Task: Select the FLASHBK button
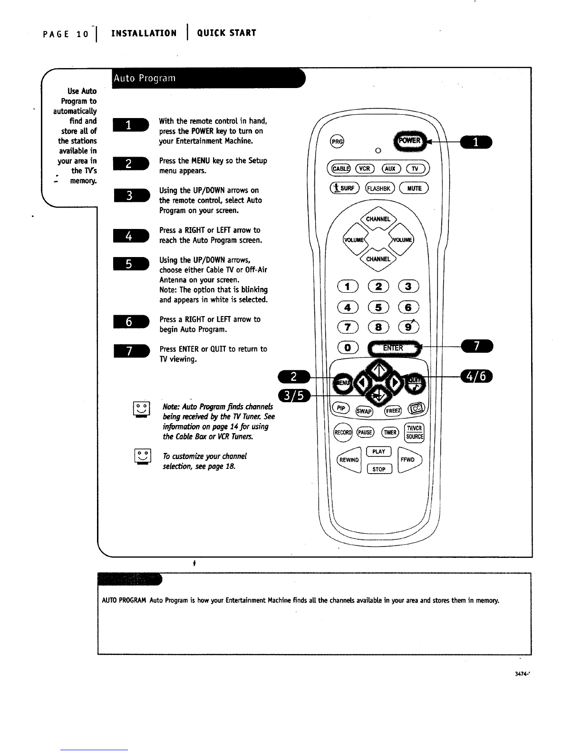[379, 188]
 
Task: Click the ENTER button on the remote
[393, 347]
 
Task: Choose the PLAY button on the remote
[378, 451]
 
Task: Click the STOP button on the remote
[378, 469]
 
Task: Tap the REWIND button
[349, 460]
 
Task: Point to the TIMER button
[390, 432]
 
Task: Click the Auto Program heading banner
[207, 78]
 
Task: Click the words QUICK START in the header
[226, 33]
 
